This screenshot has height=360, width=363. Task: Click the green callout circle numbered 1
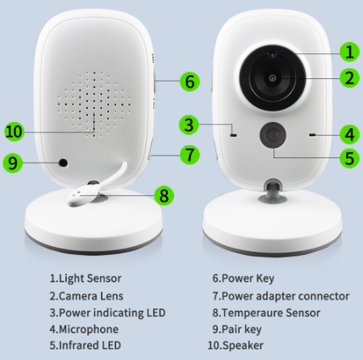[x=348, y=52]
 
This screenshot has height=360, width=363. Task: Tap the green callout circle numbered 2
[x=348, y=78]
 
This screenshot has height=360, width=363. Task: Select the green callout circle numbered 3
[x=189, y=125]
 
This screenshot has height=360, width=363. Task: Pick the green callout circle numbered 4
[x=348, y=133]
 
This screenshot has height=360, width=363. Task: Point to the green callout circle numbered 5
[x=348, y=157]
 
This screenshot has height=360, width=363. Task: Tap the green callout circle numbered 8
[x=163, y=195]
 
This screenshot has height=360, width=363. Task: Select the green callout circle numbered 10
[x=13, y=131]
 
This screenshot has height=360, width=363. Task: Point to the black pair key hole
[x=61, y=163]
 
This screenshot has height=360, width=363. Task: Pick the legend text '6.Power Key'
[x=243, y=278]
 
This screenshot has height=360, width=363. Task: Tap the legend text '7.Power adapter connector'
[x=281, y=295]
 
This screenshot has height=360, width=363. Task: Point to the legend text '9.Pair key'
[x=239, y=329]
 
